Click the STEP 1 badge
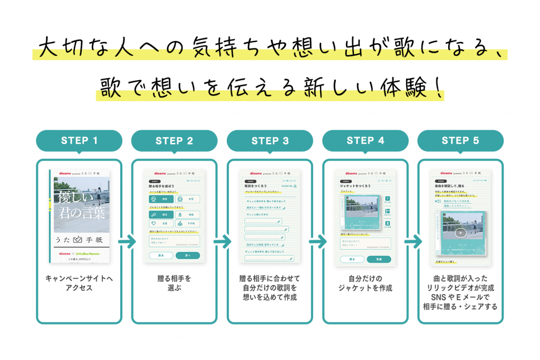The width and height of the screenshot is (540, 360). [79, 141]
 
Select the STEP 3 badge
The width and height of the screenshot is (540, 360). [270, 141]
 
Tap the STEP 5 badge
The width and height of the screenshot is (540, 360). [460, 141]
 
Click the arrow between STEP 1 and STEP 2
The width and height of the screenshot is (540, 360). [127, 243]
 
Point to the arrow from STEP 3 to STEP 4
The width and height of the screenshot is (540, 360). [317, 243]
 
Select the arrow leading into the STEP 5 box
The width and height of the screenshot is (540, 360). [413, 243]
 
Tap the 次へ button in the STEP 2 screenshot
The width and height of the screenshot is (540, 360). [187, 255]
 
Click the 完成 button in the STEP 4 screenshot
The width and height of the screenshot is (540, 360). [379, 259]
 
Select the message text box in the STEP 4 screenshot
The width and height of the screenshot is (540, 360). [365, 244]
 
